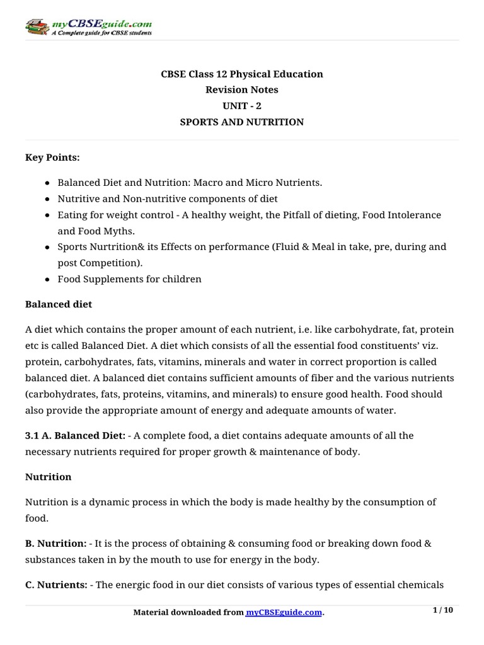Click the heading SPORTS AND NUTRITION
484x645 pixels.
(242, 122)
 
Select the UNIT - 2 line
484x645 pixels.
(242, 106)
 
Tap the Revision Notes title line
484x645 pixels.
(242, 90)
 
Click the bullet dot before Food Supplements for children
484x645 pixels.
(48, 279)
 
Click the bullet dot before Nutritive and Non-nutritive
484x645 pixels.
(48, 199)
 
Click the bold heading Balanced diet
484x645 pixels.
(59, 304)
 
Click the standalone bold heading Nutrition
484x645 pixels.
(49, 477)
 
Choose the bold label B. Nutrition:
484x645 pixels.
(56, 544)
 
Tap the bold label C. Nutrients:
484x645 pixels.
(56, 585)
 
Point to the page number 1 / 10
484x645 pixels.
(444, 610)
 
